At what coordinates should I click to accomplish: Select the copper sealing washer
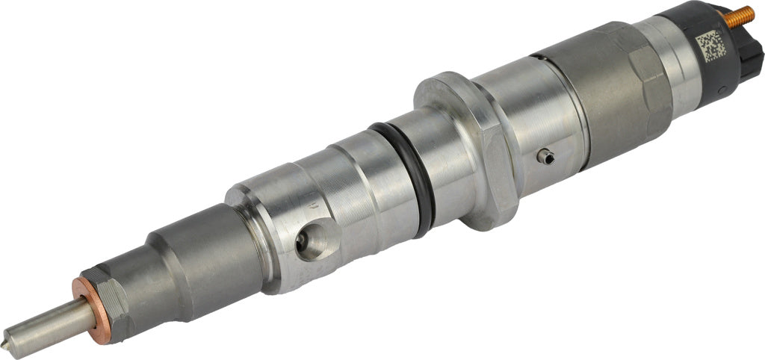pos(88,308)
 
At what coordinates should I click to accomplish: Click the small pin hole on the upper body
pos(546,155)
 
